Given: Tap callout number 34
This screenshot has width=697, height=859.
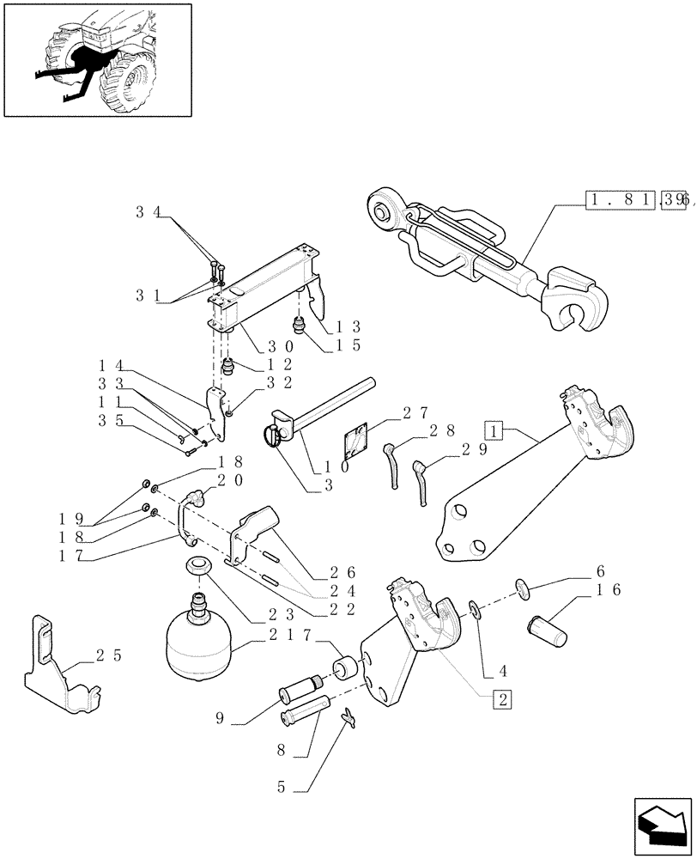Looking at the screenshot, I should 147,212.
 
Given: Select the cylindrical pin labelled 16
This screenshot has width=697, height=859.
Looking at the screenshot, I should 547,619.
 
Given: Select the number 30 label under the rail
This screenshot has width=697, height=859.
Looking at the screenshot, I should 279,345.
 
